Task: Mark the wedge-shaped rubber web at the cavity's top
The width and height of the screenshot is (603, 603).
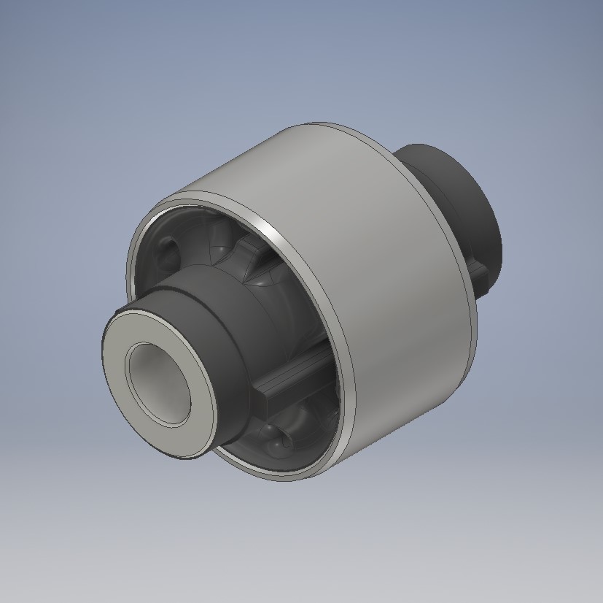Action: tap(244, 259)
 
